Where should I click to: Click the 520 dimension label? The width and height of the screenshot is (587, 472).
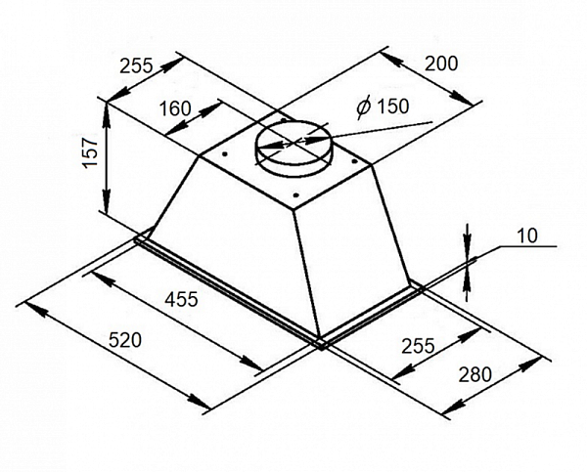coord(125,340)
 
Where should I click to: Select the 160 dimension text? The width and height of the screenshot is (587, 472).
coord(174,108)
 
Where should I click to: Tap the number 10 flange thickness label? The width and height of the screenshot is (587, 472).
coord(528,235)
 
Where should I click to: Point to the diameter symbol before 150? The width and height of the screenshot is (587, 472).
coord(361,107)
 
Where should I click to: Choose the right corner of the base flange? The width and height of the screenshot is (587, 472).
coord(419,287)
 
